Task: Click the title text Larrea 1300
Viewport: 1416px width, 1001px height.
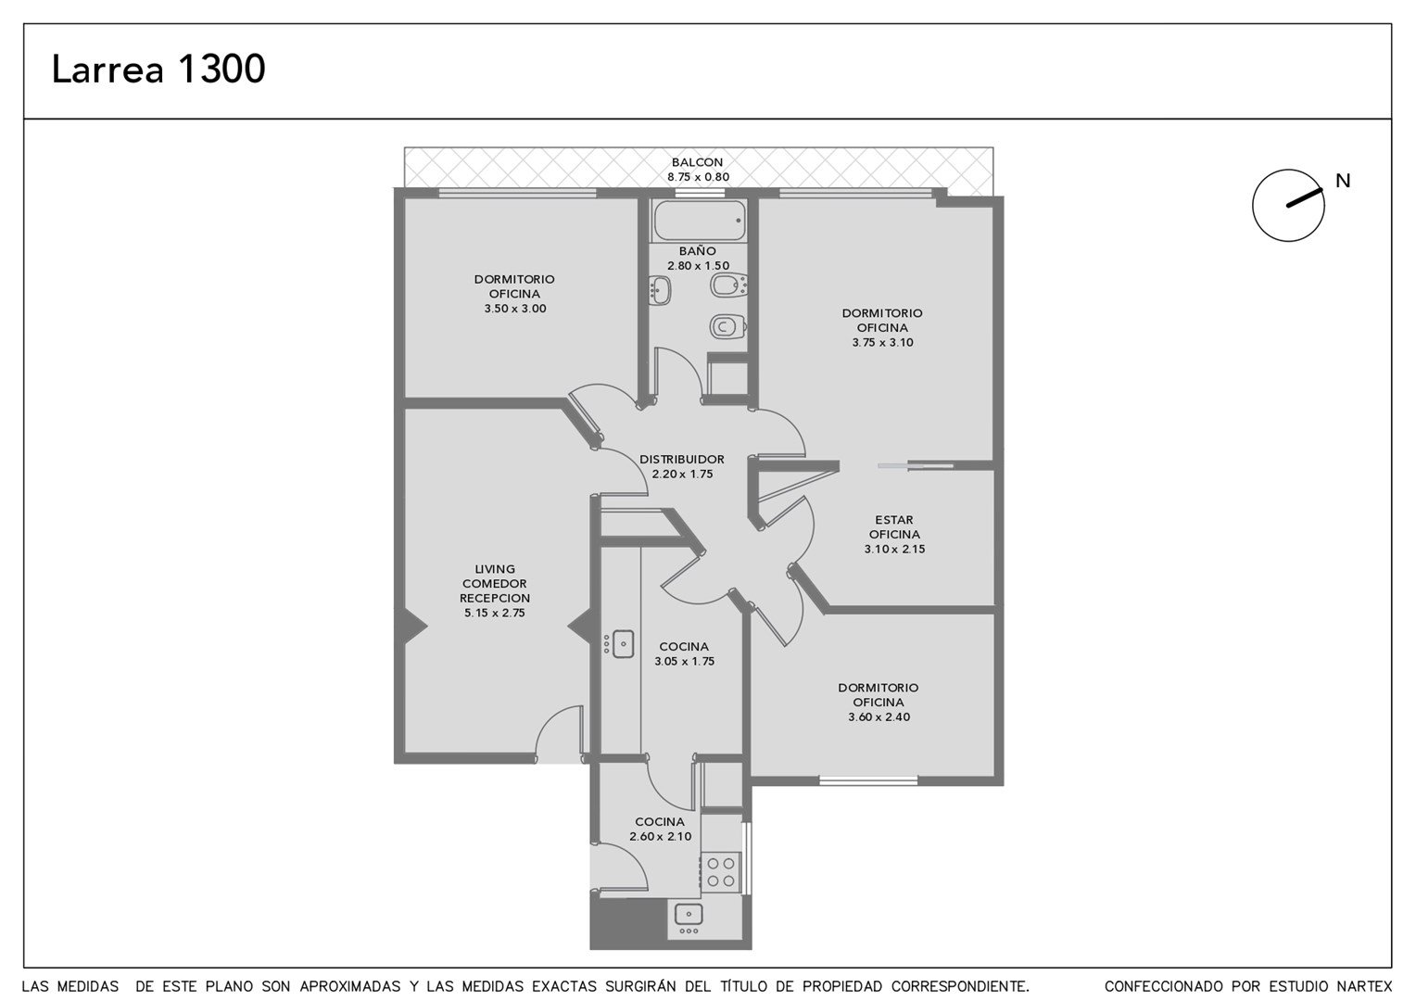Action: tap(158, 69)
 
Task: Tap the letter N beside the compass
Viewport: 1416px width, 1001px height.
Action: tap(1343, 181)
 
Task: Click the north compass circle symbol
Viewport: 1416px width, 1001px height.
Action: tap(1288, 205)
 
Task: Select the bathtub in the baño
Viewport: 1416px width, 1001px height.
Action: tap(699, 221)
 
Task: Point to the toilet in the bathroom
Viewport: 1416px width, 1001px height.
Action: tap(727, 327)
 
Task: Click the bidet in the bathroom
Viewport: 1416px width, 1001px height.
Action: tap(729, 285)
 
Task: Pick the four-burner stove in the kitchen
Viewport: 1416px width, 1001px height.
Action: tap(721, 872)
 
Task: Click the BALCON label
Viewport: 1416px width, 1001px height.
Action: tap(697, 162)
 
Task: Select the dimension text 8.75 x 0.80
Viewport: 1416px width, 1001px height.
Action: tap(698, 177)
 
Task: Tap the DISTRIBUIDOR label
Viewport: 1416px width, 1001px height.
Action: tap(681, 459)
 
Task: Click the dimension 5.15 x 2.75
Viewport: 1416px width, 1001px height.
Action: tap(494, 613)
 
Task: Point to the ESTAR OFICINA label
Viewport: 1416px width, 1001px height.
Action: tap(894, 526)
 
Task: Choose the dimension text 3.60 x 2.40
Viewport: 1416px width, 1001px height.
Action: tap(879, 717)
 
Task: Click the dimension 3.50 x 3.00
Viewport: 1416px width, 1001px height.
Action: tap(515, 309)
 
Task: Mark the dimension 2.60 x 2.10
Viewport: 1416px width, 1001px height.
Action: tap(660, 837)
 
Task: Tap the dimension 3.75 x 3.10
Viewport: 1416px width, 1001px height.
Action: tap(882, 343)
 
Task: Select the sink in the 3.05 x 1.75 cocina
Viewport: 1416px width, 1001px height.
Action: tap(624, 644)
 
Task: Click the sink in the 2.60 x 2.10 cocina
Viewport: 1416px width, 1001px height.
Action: tap(689, 914)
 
